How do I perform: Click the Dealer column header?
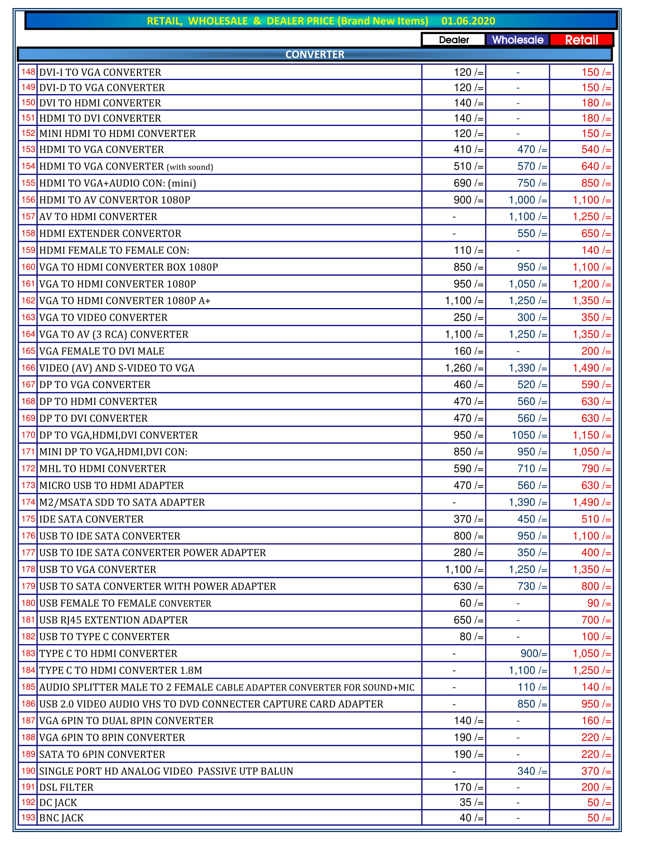453,40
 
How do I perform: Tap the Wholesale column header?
517,40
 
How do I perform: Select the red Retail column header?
581,40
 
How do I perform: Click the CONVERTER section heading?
315,54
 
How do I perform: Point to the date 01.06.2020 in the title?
468,21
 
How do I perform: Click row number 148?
28,72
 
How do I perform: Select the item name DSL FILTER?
66,787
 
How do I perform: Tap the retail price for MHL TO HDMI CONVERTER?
595,468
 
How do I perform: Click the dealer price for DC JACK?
471,802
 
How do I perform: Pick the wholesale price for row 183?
533,653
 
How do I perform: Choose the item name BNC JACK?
61,818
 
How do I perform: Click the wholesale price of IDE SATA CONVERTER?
532,519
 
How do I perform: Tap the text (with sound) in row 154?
190,167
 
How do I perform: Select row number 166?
28,368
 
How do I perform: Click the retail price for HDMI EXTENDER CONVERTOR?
595,233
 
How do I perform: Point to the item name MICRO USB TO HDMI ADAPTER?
111,485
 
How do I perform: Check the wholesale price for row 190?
532,771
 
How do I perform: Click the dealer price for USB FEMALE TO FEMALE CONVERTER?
471,603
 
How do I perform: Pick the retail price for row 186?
595,703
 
